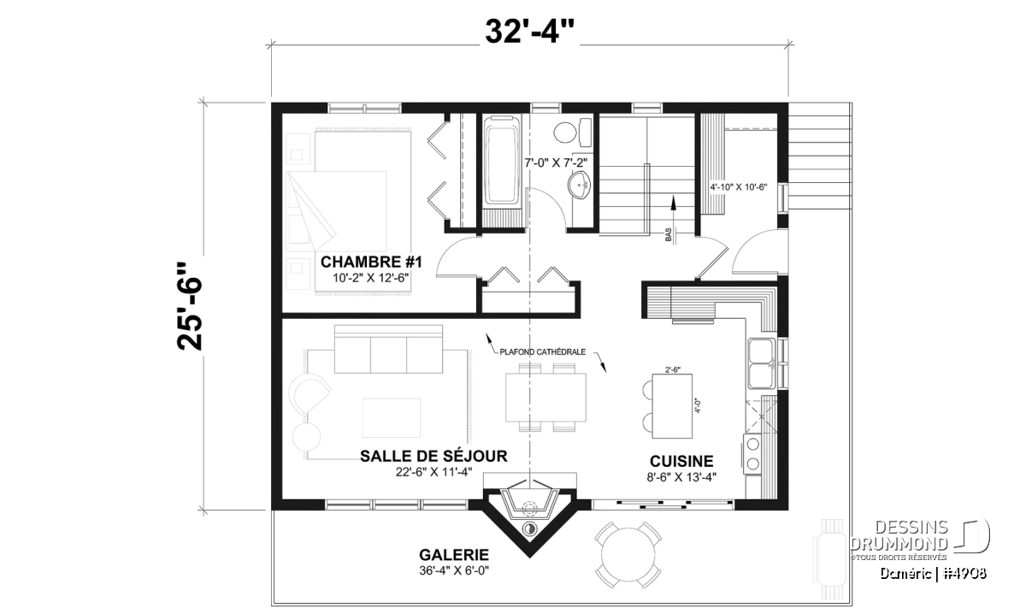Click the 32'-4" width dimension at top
(529, 32)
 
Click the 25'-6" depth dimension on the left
(189, 306)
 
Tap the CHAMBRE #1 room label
(371, 262)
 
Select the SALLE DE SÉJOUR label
(433, 456)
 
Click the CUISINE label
(681, 461)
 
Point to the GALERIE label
(454, 555)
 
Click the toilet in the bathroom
(573, 132)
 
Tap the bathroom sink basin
(580, 186)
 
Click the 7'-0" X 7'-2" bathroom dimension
(556, 162)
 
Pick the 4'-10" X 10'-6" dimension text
(739, 187)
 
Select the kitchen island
(672, 406)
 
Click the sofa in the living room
(388, 349)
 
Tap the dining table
(545, 398)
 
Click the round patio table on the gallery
(628, 555)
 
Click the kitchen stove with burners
(752, 454)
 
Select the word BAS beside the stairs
(669, 235)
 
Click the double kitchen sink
(761, 363)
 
